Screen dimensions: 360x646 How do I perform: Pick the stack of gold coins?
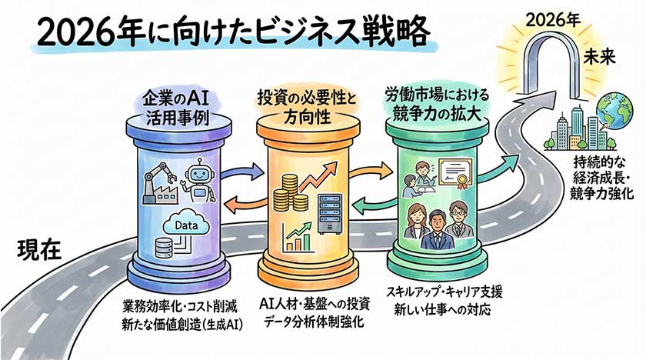[x=290, y=196]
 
